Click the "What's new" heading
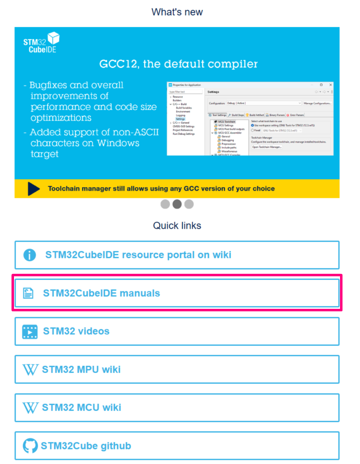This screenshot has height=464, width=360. pyautogui.click(x=177, y=12)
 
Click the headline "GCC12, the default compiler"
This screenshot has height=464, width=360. pyautogui.click(x=178, y=64)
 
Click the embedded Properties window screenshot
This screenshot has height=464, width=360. pyautogui.click(x=250, y=119)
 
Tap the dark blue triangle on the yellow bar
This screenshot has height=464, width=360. pyautogui.click(x=34, y=188)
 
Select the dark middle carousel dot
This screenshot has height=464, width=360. pyautogui.click(x=177, y=204)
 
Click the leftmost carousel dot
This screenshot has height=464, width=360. pyautogui.click(x=165, y=204)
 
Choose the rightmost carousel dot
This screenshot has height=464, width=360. pyautogui.click(x=189, y=204)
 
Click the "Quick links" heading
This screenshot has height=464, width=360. pyautogui.click(x=177, y=226)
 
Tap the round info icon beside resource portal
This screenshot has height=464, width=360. pyautogui.click(x=29, y=255)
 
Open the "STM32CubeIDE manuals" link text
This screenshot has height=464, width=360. pyautogui.click(x=101, y=293)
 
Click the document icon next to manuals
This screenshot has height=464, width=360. pyautogui.click(x=28, y=293)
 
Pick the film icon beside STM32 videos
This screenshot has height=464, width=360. pyautogui.click(x=30, y=331)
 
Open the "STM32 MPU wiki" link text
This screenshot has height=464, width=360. pyautogui.click(x=81, y=370)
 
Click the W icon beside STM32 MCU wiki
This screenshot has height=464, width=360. pyautogui.click(x=30, y=408)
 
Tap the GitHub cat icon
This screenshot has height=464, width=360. pyautogui.click(x=30, y=446)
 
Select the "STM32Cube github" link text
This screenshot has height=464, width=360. pyautogui.click(x=86, y=446)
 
